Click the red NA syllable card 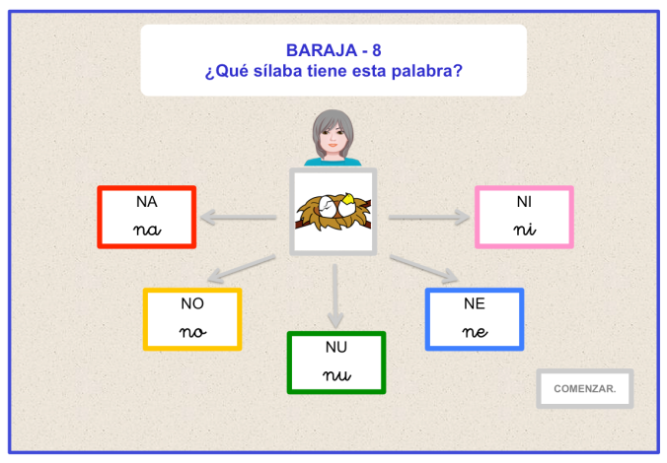[x=147, y=217]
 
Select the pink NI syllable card [x=524, y=217]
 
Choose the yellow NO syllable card [x=192, y=319]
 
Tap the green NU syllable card [x=336, y=363]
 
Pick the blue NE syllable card [x=475, y=319]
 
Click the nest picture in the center [x=333, y=212]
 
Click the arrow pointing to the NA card [x=238, y=217]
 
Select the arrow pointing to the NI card [x=429, y=217]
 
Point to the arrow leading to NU [x=335, y=297]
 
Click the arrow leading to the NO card [x=241, y=269]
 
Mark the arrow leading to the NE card [x=424, y=269]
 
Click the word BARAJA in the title [x=322, y=50]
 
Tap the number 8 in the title [x=377, y=50]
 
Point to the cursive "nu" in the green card [x=336, y=375]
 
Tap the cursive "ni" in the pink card [x=525, y=230]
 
